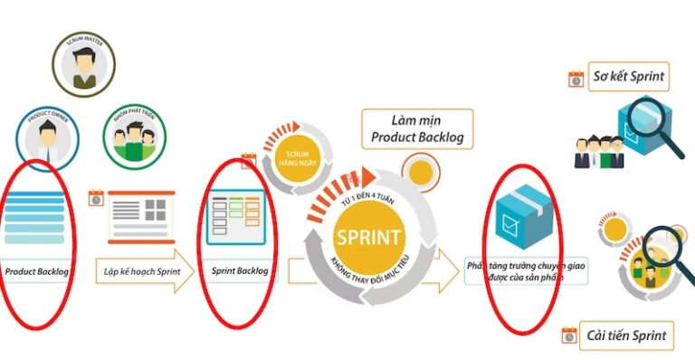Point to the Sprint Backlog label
point(236,270)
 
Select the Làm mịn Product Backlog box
point(417,128)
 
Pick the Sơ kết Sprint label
point(630,77)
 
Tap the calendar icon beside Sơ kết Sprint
point(576,79)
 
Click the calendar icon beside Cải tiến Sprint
point(569,336)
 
